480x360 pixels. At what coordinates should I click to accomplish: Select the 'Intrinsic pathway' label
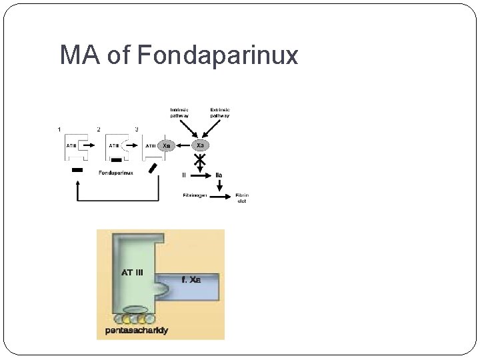(179, 113)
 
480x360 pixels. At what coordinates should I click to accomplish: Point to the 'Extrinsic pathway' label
(219, 113)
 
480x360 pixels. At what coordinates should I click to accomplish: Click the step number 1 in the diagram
(60, 129)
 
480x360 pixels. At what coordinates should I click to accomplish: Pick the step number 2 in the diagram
(99, 129)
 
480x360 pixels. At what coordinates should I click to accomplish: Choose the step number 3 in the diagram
(137, 129)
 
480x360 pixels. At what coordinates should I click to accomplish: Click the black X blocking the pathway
(199, 160)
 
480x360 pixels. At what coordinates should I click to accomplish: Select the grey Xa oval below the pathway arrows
(200, 145)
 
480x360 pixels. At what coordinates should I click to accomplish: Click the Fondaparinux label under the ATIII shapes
(115, 173)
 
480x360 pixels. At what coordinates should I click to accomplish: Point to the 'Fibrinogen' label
(195, 195)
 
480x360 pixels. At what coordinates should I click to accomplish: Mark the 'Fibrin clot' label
(241, 198)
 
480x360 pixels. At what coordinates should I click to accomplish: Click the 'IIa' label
(219, 175)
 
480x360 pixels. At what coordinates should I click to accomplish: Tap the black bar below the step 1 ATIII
(77, 171)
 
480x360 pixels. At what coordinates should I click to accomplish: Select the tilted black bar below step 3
(155, 167)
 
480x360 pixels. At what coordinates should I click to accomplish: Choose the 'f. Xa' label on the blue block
(191, 279)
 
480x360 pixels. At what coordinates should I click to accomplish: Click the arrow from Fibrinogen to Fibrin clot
(221, 195)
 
